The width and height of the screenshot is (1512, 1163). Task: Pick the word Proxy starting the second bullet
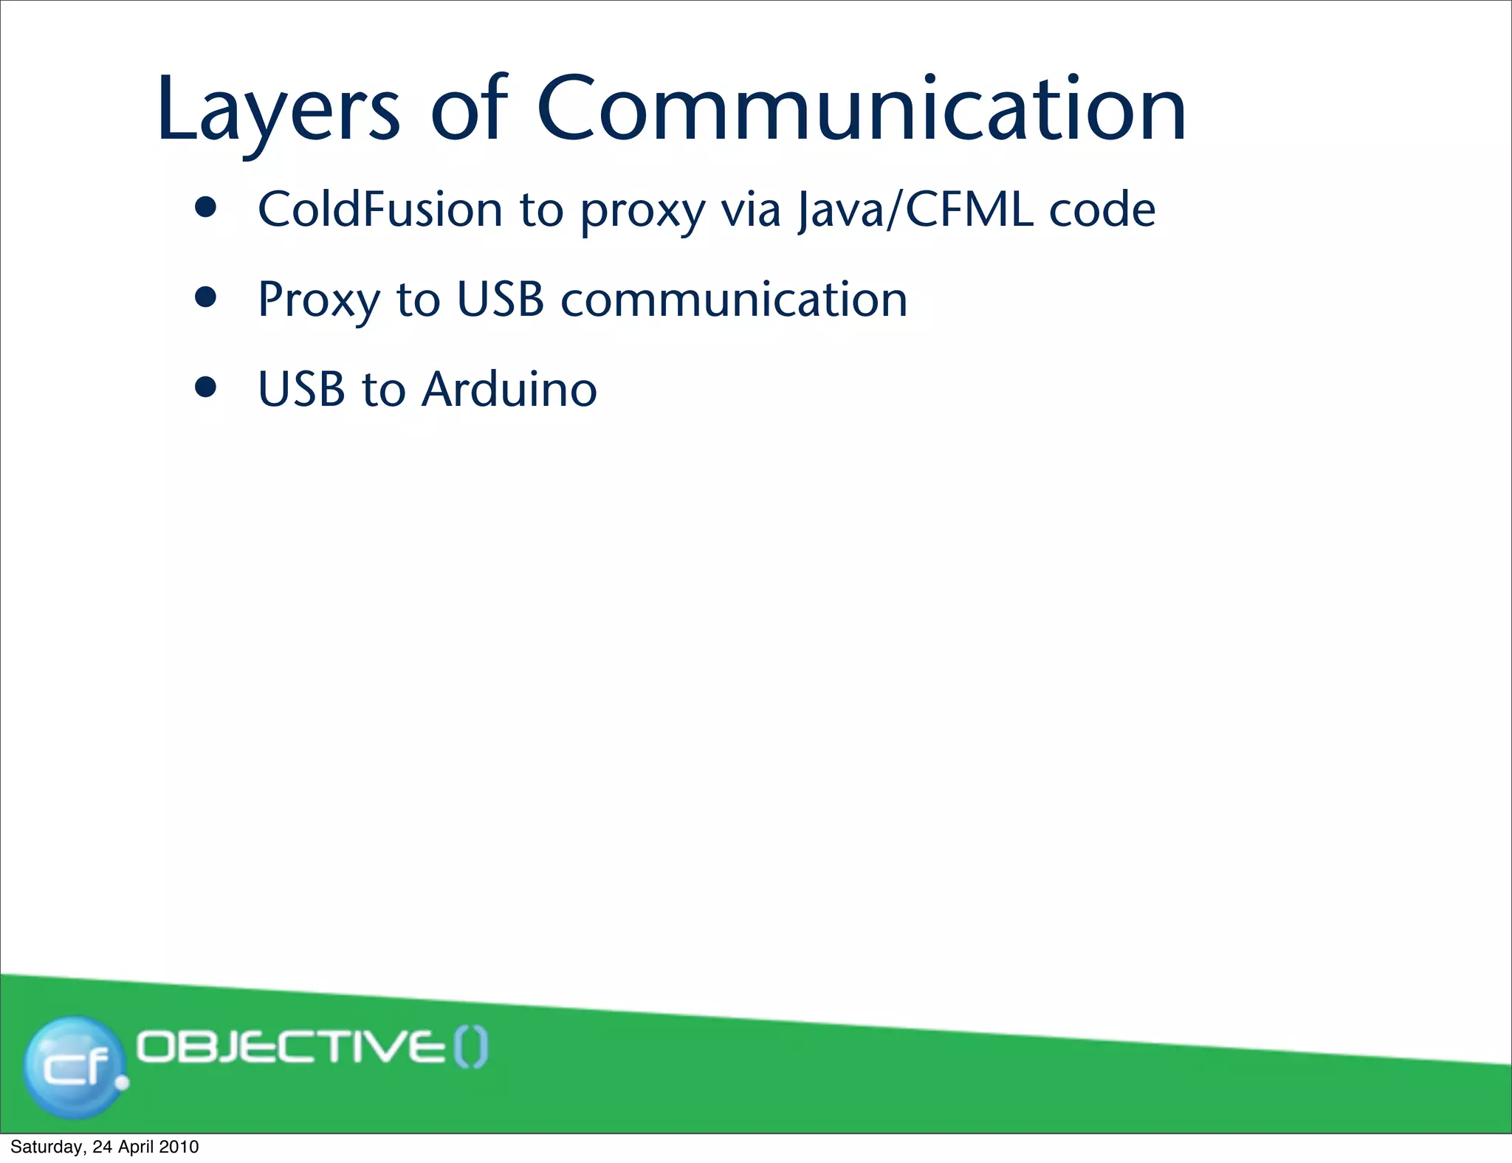tap(318, 300)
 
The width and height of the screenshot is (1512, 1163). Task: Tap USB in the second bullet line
tap(500, 300)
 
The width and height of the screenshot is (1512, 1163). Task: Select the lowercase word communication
tap(734, 300)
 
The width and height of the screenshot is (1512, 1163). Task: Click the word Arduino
tap(509, 389)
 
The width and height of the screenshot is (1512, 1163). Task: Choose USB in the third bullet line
tap(301, 389)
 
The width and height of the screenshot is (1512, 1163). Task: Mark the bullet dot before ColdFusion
tap(206, 208)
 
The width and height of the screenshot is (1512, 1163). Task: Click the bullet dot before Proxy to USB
tap(206, 297)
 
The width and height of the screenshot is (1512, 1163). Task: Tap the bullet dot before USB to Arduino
tap(206, 387)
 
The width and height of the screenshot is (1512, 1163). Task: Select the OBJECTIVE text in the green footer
tap(289, 1048)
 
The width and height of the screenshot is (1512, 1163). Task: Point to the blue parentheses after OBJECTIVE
tap(470, 1048)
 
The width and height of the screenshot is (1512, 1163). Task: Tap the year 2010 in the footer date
tap(179, 1147)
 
